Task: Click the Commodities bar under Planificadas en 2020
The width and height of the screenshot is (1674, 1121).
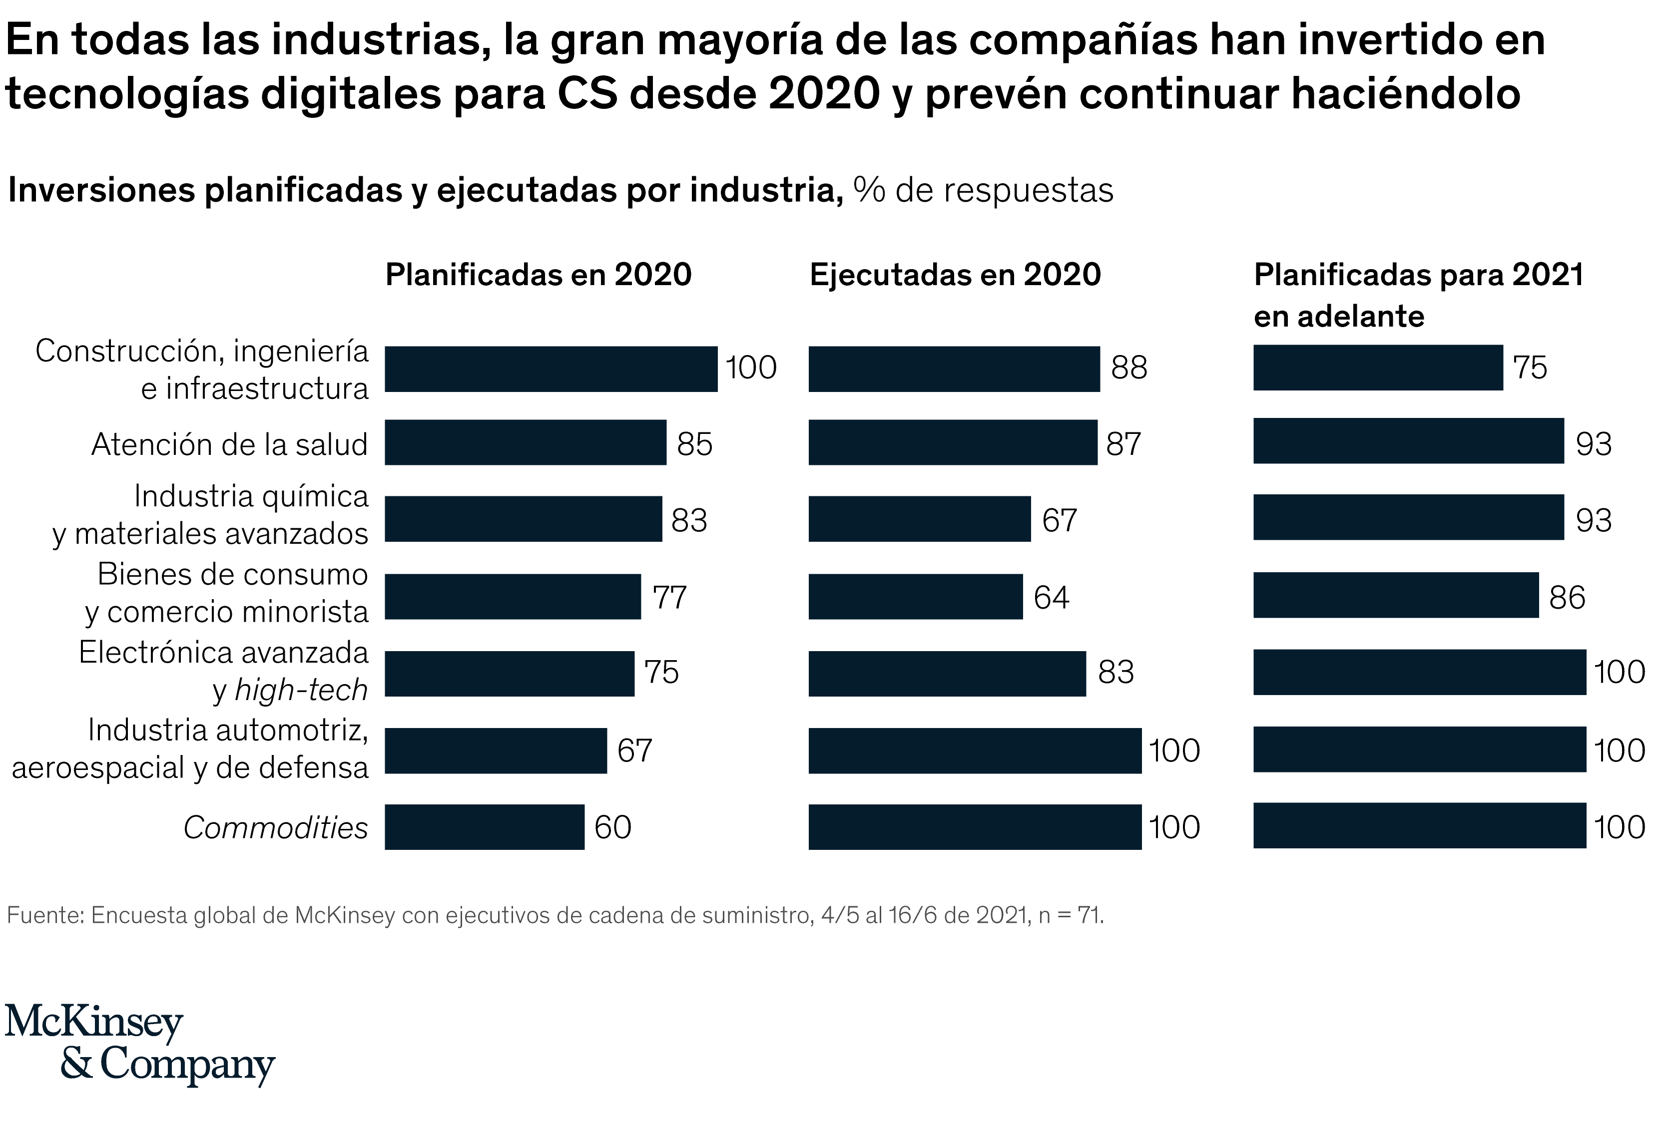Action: [x=484, y=827]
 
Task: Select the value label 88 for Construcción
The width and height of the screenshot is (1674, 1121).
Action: [x=1128, y=368]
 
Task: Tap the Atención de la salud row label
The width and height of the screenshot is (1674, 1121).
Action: [x=229, y=445]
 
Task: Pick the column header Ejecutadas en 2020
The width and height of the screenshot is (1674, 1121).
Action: [x=955, y=275]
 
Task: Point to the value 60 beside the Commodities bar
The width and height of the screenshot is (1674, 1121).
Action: [x=613, y=828]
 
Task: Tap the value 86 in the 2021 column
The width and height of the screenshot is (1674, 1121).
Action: [x=1567, y=598]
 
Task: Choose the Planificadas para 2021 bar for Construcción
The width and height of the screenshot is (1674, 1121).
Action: [x=1378, y=368]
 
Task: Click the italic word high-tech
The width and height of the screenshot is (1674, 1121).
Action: [x=301, y=691]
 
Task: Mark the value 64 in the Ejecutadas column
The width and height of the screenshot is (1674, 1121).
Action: [x=1051, y=598]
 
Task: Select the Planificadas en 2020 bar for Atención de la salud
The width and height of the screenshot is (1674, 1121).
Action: [x=526, y=442]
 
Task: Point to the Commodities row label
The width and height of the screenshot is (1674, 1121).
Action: [x=275, y=828]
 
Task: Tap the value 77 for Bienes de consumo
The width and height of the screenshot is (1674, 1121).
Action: [x=669, y=598]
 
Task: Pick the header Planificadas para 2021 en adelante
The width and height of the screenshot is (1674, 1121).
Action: [x=1418, y=295]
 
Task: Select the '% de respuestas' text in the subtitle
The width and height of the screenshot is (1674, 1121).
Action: [x=983, y=191]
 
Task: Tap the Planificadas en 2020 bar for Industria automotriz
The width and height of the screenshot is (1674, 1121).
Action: [x=496, y=750]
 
